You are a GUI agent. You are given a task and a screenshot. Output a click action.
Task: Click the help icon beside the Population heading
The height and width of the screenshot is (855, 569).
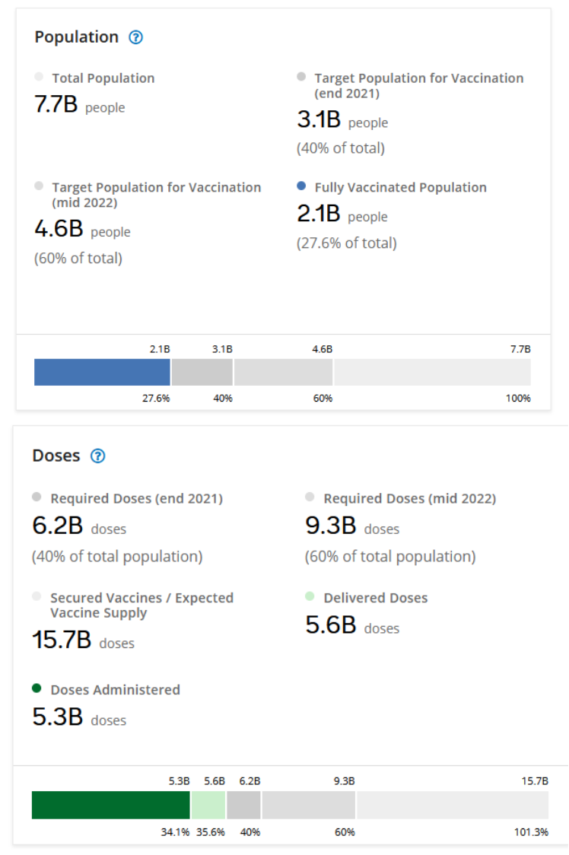[136, 37]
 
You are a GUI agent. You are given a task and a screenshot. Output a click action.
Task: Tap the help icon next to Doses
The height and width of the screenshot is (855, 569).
[97, 456]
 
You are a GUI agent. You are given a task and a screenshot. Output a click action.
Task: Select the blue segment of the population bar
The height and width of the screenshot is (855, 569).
[102, 372]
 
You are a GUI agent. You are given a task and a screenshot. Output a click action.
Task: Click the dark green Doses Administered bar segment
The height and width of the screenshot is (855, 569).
[110, 805]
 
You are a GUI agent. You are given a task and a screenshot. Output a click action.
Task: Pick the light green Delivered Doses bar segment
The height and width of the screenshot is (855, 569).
[208, 805]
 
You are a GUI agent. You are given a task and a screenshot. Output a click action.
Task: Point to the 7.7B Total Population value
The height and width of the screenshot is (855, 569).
[56, 105]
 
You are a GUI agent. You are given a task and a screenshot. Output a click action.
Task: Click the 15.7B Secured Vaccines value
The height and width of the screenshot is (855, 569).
[62, 640]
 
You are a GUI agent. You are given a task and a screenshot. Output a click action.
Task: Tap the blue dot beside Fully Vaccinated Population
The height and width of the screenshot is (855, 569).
[301, 186]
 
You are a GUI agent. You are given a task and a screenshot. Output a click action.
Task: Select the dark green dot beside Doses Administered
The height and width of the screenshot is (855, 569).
[37, 688]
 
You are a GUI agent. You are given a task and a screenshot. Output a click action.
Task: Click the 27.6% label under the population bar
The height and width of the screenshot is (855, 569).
[156, 399]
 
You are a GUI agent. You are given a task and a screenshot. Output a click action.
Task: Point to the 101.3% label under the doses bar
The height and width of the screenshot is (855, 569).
[531, 832]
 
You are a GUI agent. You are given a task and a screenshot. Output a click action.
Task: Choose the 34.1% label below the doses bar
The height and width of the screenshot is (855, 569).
[174, 832]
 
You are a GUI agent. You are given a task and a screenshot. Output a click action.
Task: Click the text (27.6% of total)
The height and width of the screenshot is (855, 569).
[346, 243]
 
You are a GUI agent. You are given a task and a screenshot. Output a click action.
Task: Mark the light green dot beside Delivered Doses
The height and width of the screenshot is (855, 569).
[310, 597]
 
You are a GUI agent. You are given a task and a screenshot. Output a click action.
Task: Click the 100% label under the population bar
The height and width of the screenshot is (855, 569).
[518, 399]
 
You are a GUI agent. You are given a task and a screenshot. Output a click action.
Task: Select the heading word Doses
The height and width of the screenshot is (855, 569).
[56, 456]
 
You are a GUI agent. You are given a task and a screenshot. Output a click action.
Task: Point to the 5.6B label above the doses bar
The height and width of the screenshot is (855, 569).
[215, 781]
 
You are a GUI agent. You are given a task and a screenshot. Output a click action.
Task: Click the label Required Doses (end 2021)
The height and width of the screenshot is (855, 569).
[136, 499]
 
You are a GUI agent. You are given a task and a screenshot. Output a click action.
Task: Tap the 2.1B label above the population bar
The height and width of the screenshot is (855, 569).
[160, 349]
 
